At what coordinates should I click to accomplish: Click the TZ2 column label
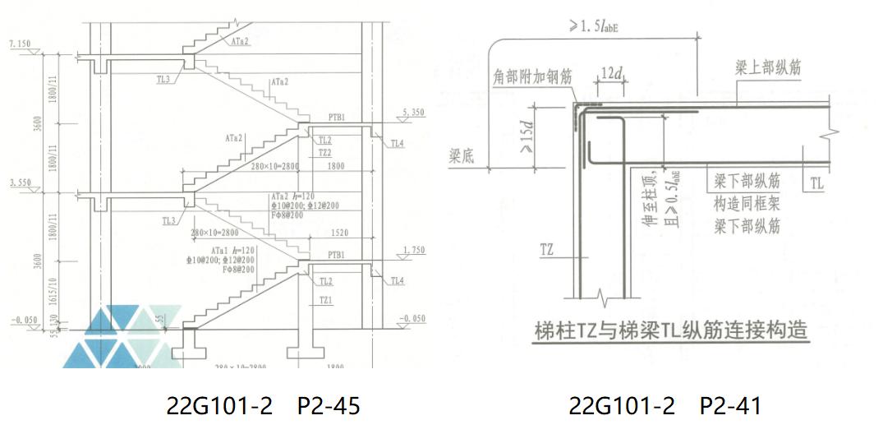(325, 153)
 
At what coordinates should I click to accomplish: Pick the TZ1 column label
(326, 300)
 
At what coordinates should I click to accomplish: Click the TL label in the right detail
(815, 181)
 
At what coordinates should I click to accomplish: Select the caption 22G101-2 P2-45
(262, 405)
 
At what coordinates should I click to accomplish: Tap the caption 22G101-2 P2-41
(665, 405)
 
